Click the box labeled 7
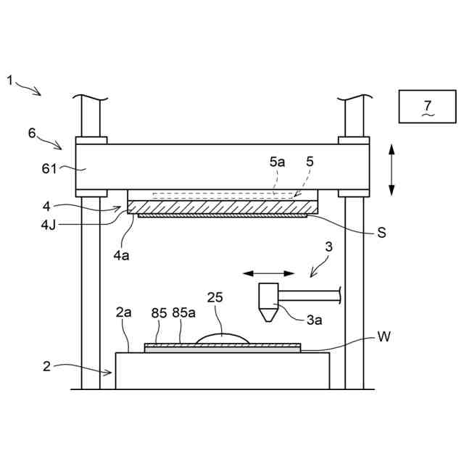426,107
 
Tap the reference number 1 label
10,80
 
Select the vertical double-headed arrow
391,168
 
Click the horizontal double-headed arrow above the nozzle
269,273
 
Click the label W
384,338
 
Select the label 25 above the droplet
215,297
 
